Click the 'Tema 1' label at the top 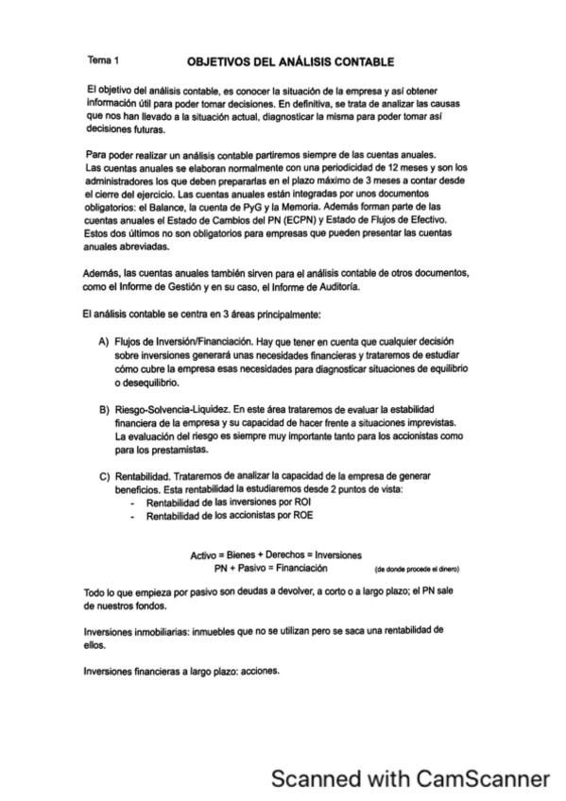[99, 59]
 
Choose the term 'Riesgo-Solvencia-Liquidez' [170, 408]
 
